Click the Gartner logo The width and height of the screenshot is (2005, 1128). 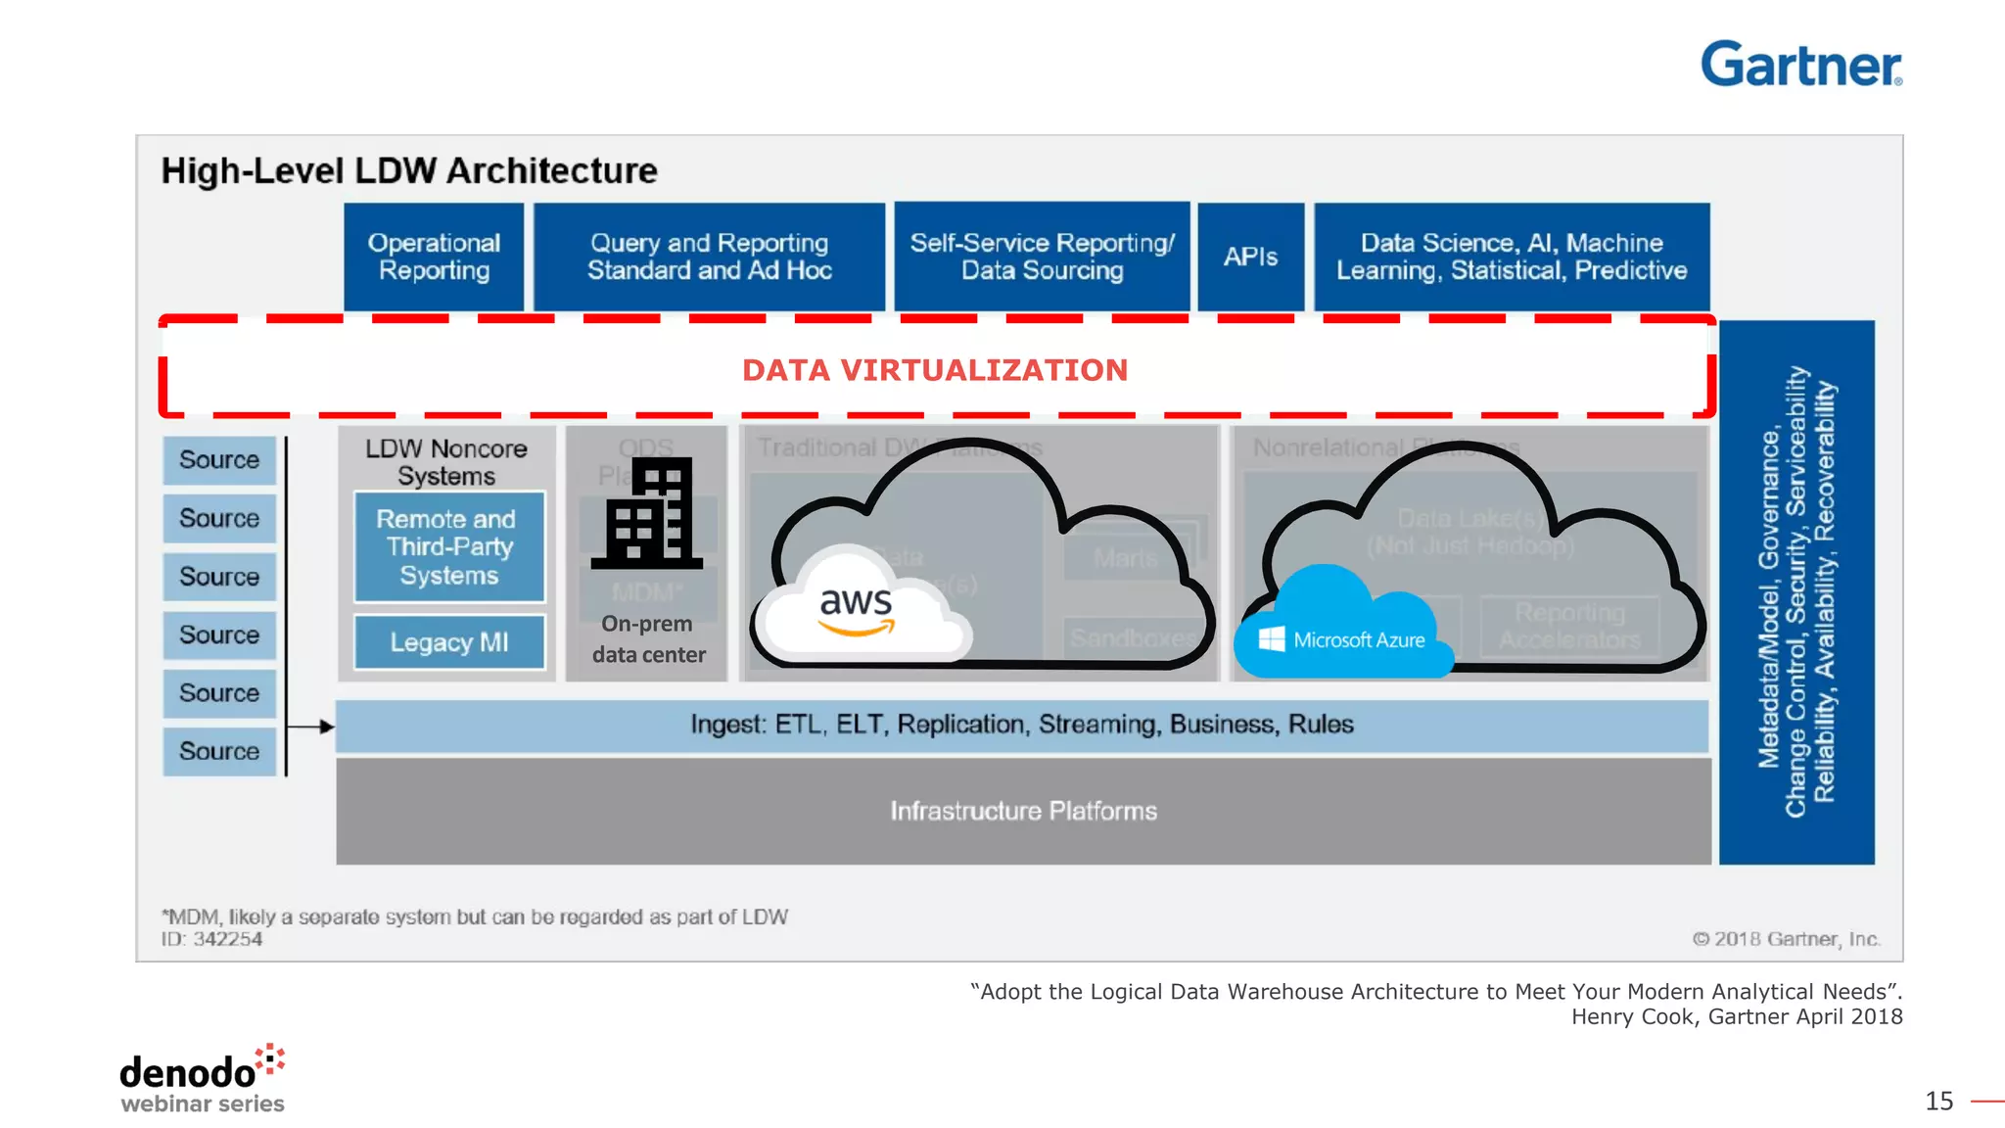coord(1800,65)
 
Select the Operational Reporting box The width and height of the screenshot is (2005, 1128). coord(434,257)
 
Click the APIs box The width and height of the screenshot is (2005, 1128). coord(1250,257)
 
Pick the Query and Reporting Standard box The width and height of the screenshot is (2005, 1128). coord(709,257)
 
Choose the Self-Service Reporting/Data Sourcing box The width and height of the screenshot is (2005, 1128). coord(1042,257)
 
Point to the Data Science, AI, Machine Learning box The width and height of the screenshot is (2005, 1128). coord(1511,257)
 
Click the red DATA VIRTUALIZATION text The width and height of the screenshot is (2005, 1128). coord(934,370)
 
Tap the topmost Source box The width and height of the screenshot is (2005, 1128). coord(219,460)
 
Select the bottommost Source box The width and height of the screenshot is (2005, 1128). coord(219,751)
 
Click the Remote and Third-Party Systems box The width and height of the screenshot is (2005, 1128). coord(448,546)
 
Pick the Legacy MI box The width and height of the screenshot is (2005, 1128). coord(448,642)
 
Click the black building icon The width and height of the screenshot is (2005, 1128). coord(647,514)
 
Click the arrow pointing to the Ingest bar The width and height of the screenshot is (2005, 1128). coord(313,727)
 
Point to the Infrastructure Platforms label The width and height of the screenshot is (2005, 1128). coord(1023,811)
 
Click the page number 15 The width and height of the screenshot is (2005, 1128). coord(1938,1102)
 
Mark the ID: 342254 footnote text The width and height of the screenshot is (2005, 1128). coord(212,939)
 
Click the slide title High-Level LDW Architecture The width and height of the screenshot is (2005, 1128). coord(409,171)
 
